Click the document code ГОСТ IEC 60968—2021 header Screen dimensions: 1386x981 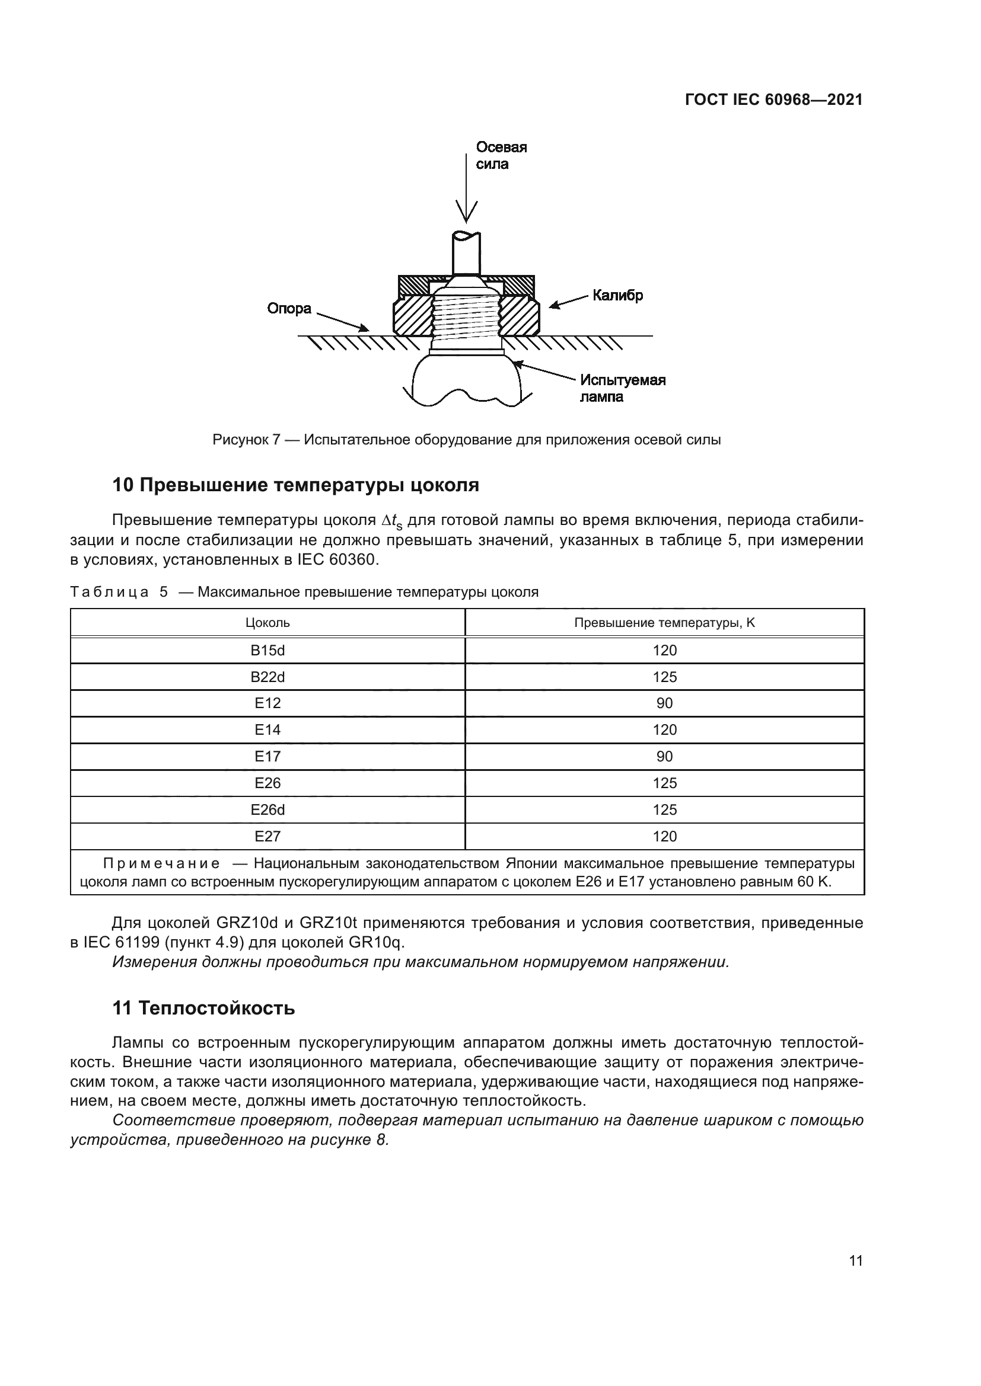pos(774,100)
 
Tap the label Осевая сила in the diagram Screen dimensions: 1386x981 pos(501,156)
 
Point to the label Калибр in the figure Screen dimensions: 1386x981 pos(617,295)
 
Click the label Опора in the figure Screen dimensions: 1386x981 pos(289,309)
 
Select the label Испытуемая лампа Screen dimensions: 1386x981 pos(622,388)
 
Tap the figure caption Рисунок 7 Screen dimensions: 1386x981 pos(466,440)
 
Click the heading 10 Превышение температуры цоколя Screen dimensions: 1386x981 pos(295,485)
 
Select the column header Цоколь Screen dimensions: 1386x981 pos(267,622)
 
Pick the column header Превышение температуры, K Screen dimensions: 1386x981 pos(664,622)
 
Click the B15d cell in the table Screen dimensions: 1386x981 pos(267,650)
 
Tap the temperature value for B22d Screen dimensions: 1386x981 pos(664,677)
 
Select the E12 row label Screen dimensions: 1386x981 pos(267,703)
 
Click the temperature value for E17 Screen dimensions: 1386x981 pos(664,756)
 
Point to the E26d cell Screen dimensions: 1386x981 pos(267,809)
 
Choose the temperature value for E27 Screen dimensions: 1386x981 pos(664,836)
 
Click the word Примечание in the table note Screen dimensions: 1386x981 pos(161,863)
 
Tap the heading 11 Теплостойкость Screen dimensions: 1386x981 pos(203,1007)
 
